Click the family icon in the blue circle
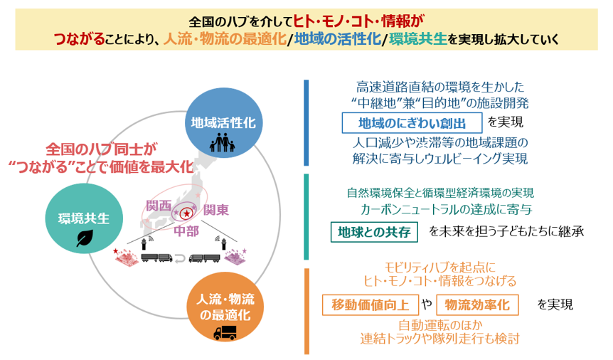point(223,144)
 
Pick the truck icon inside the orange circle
point(225,333)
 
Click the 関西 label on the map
point(158,205)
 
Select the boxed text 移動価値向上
point(370,305)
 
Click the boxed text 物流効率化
point(477,305)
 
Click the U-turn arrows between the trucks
point(181,258)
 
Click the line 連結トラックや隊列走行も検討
point(439,339)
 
